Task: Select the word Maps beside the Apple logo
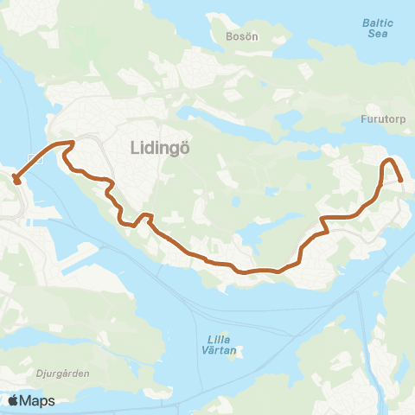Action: pyautogui.click(x=38, y=401)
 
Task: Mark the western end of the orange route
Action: pyautogui.click(x=16, y=180)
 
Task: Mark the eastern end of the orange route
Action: pyautogui.click(x=402, y=179)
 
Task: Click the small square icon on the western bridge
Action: pyautogui.click(x=33, y=159)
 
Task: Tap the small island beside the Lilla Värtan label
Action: pyautogui.click(x=239, y=352)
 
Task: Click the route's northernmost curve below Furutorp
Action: pyautogui.click(x=388, y=160)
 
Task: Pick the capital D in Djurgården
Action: pyautogui.click(x=16, y=375)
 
